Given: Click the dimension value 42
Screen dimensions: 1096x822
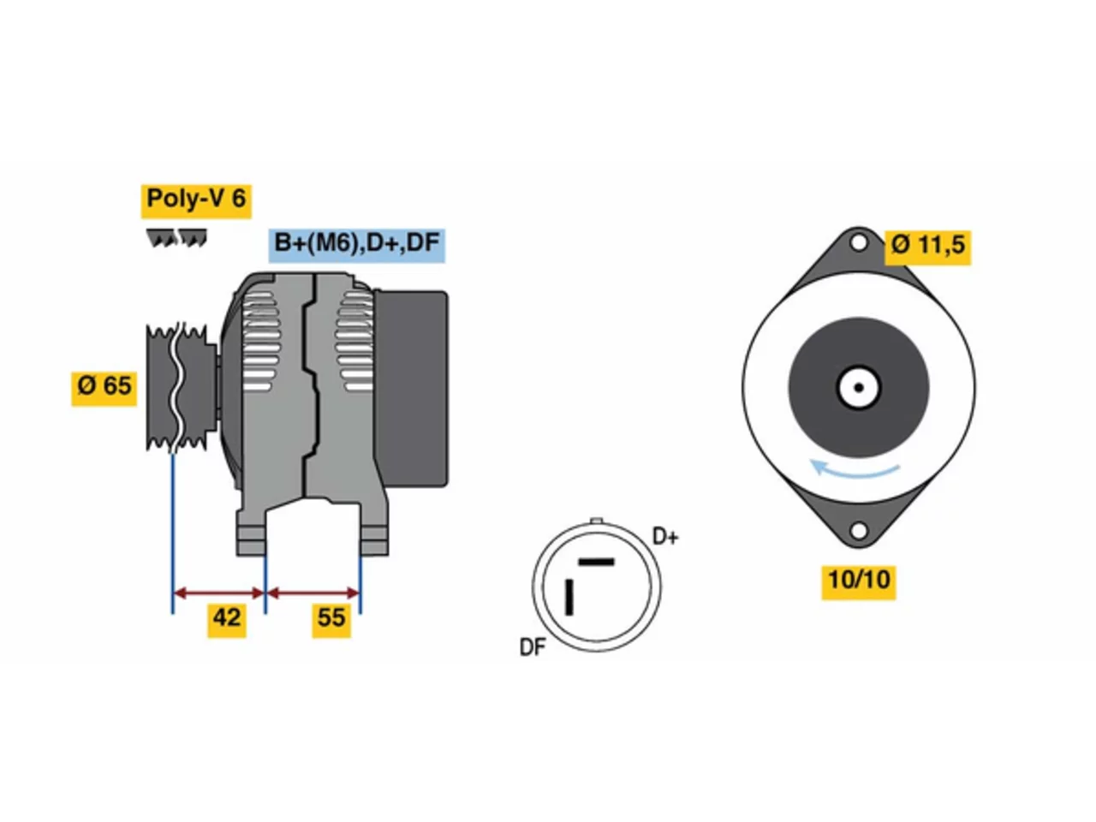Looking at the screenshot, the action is [x=227, y=619].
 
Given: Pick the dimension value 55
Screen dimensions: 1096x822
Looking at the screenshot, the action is [x=331, y=619].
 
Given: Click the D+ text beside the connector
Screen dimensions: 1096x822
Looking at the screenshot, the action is [x=665, y=537].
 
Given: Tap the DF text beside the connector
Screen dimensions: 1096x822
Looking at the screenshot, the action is [x=533, y=647].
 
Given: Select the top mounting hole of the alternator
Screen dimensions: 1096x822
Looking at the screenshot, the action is [x=858, y=243].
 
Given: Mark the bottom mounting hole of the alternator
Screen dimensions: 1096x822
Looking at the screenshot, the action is [x=858, y=531].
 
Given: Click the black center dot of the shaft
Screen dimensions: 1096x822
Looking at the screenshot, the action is [x=858, y=388].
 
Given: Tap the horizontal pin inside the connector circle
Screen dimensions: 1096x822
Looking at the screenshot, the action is [x=596, y=562].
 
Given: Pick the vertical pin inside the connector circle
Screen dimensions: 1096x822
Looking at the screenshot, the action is [x=569, y=597].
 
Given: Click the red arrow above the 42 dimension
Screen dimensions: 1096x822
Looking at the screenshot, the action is [x=218, y=593].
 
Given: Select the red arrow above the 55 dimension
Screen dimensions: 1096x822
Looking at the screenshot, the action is [x=313, y=593].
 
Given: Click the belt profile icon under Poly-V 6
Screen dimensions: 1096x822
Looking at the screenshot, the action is [x=176, y=238].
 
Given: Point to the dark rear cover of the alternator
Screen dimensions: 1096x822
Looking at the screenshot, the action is [x=412, y=388].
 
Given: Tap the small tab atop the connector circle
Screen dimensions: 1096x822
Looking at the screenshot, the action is [x=597, y=521].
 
